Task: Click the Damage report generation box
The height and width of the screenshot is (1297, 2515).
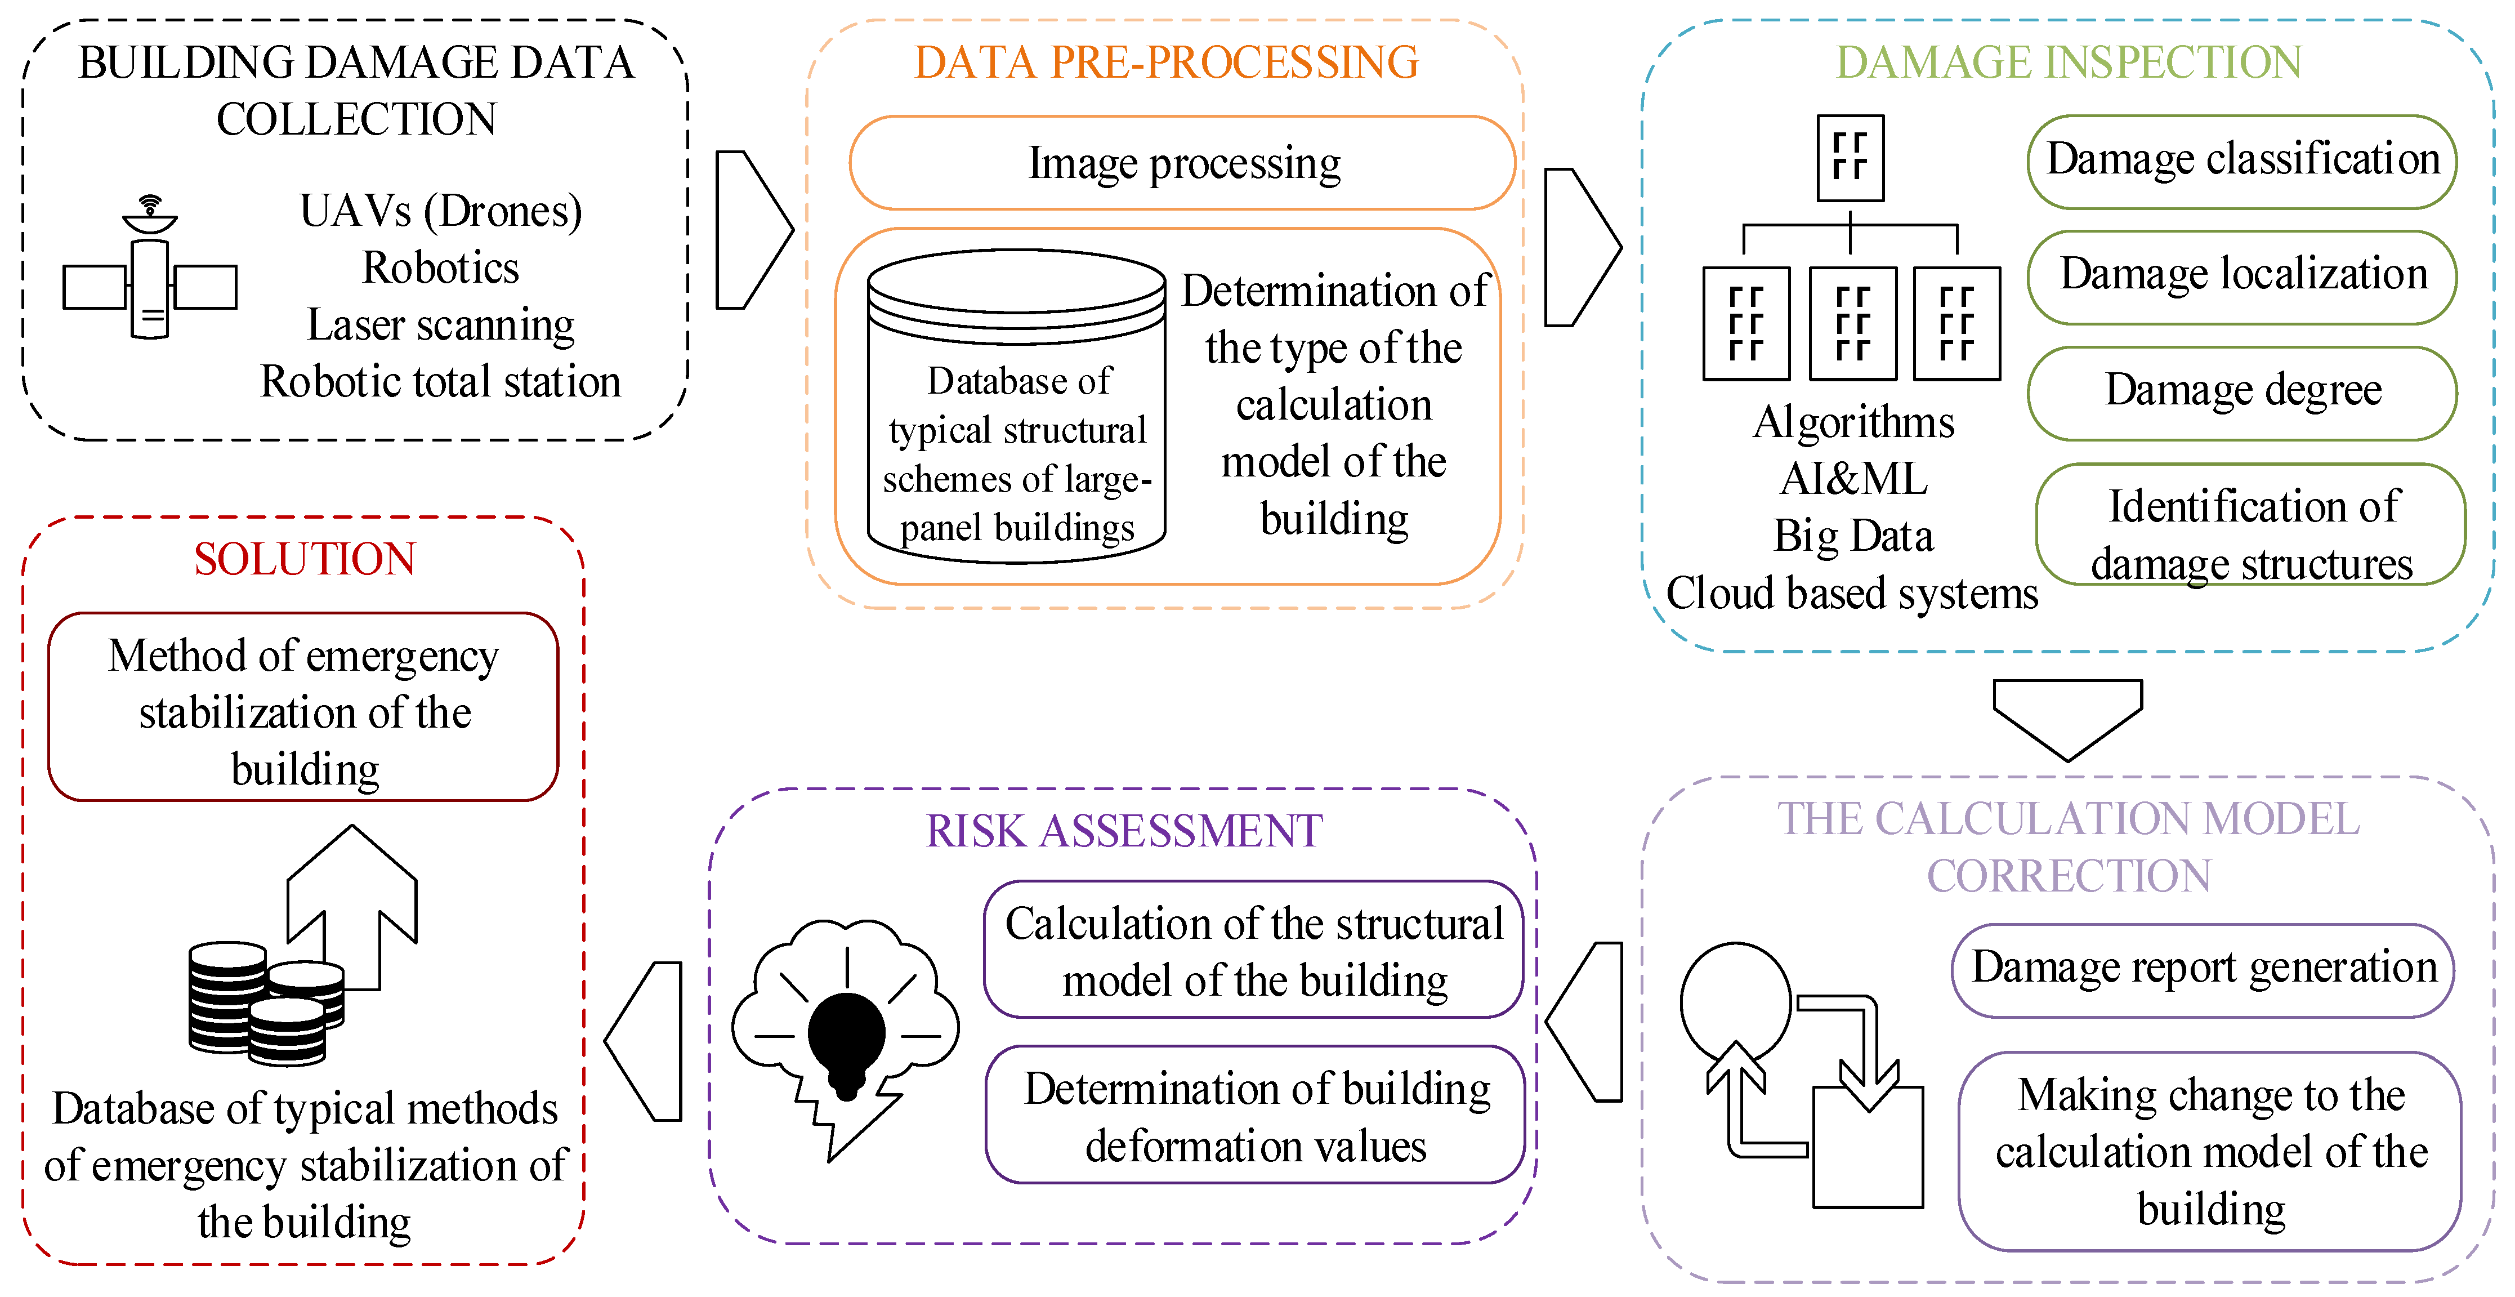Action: tap(2203, 970)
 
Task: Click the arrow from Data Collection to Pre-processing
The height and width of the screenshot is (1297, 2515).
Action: tap(754, 230)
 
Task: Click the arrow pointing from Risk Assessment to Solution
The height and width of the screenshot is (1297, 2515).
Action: tap(642, 1041)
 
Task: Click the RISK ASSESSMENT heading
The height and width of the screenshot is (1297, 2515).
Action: tap(1124, 831)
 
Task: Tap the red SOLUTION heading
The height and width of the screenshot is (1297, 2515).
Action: tap(305, 560)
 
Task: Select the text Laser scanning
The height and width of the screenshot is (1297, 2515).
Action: tap(440, 324)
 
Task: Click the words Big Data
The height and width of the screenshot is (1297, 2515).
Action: tap(1853, 535)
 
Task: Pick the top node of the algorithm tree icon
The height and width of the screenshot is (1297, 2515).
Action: tap(1850, 158)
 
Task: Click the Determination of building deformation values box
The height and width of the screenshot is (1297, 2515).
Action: tap(1256, 1115)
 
